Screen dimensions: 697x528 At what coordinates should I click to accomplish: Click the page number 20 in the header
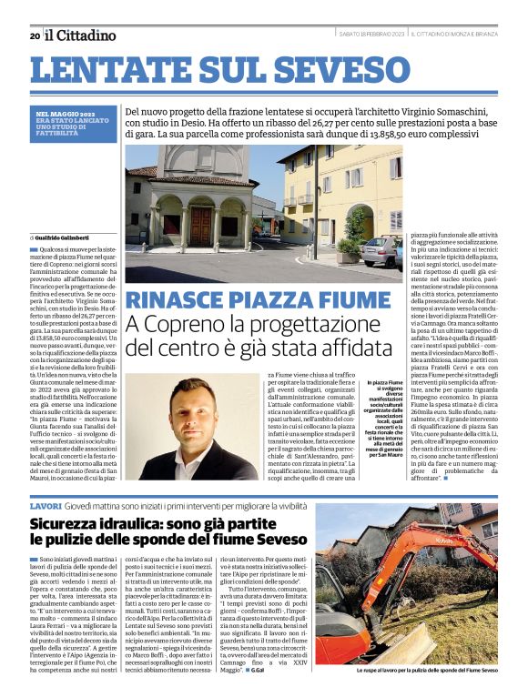[x=34, y=35]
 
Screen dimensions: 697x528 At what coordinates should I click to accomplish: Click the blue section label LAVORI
[x=45, y=505]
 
